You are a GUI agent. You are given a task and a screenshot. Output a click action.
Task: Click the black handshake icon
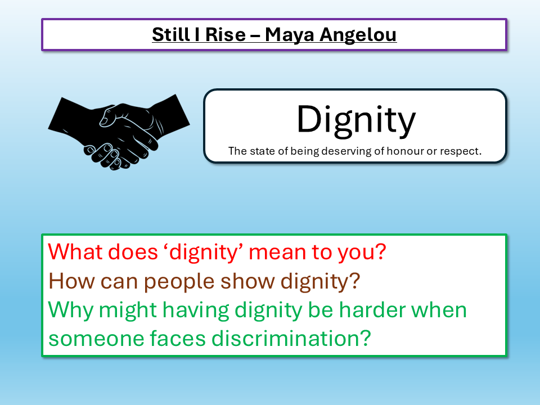(119, 132)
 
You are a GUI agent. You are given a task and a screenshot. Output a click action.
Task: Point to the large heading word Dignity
(355, 119)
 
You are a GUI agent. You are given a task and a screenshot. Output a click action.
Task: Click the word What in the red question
(76, 251)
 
